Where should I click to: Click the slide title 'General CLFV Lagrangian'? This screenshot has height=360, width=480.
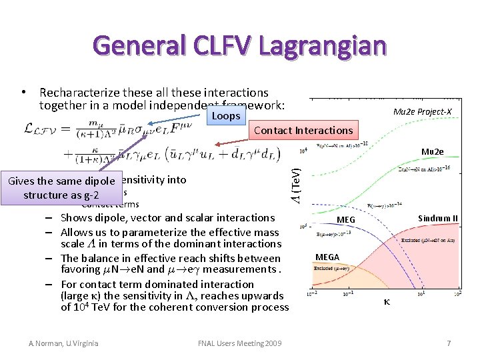pos(240,45)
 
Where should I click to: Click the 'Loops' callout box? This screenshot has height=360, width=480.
pos(224,116)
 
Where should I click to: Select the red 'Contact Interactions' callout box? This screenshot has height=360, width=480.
pos(303,130)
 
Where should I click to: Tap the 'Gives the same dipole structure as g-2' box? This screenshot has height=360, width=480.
pos(61,187)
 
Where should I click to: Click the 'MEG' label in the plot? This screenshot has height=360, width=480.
pos(346,219)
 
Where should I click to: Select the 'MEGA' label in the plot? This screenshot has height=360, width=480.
pos(327,257)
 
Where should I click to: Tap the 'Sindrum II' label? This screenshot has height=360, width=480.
pos(437,218)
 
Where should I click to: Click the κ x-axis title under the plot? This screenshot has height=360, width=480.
pos(387,302)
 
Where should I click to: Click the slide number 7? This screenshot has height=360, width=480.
pos(449,343)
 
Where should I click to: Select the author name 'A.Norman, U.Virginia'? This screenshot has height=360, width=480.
pos(63,343)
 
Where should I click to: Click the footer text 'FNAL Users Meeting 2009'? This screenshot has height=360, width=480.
pos(240,343)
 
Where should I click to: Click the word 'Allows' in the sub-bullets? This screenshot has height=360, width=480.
pos(77,231)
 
